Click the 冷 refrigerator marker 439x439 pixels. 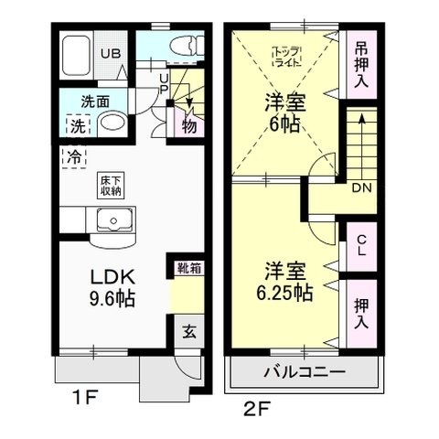tap(72, 156)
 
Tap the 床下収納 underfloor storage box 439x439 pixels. tap(109, 186)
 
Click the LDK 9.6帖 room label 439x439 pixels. tap(112, 287)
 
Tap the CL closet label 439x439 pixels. tap(361, 246)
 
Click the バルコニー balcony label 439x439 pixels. tap(305, 374)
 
